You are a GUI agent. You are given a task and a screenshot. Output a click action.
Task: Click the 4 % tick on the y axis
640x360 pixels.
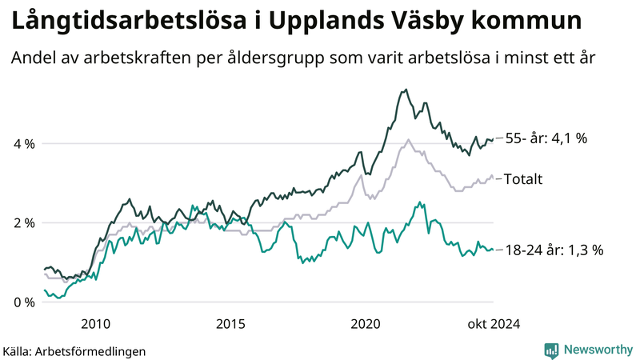22,144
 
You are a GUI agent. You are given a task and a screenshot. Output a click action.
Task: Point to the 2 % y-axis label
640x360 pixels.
22,222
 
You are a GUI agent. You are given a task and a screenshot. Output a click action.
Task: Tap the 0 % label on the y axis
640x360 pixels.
22,302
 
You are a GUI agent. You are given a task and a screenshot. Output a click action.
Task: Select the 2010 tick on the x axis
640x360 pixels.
95,324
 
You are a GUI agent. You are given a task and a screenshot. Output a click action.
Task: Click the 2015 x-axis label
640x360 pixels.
230,324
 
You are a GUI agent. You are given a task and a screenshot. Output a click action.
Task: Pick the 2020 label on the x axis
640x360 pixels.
366,324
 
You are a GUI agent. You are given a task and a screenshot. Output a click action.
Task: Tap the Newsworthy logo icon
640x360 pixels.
551,350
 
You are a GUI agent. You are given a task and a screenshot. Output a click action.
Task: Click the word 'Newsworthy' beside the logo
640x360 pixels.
597,350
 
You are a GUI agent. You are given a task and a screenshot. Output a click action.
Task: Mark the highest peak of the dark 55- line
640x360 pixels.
406,90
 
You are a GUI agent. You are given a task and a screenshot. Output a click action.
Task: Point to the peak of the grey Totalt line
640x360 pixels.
409,140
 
